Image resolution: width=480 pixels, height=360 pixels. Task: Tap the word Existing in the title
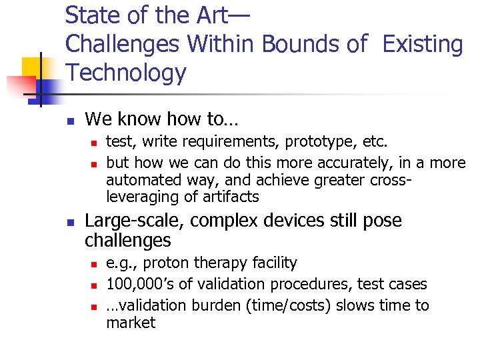423,44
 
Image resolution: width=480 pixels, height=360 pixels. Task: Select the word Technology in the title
126,73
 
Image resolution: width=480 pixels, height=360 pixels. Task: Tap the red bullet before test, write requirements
95,143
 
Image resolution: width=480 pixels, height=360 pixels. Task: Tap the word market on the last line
131,323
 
